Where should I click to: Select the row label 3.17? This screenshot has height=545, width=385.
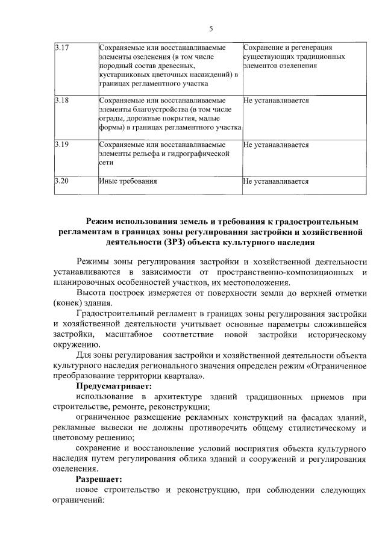tap(61, 47)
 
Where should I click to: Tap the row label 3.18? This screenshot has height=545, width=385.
tap(61, 100)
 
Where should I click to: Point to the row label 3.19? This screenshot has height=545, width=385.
tap(61, 145)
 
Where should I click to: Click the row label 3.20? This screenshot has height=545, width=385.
tap(61, 181)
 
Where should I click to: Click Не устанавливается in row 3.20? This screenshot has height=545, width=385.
tap(276, 181)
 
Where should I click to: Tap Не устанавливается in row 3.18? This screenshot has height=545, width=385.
tap(276, 100)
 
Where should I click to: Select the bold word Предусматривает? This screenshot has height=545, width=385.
tap(114, 386)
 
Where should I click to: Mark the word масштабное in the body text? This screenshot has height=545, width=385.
tap(128, 334)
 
